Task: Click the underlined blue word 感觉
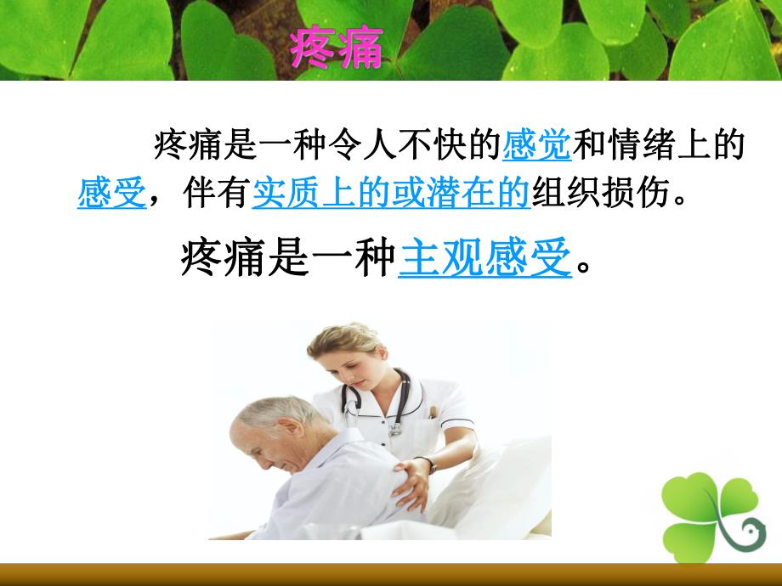pyautogui.click(x=537, y=145)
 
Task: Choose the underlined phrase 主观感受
pyautogui.click(x=484, y=257)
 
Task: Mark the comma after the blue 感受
pyautogui.click(x=156, y=202)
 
